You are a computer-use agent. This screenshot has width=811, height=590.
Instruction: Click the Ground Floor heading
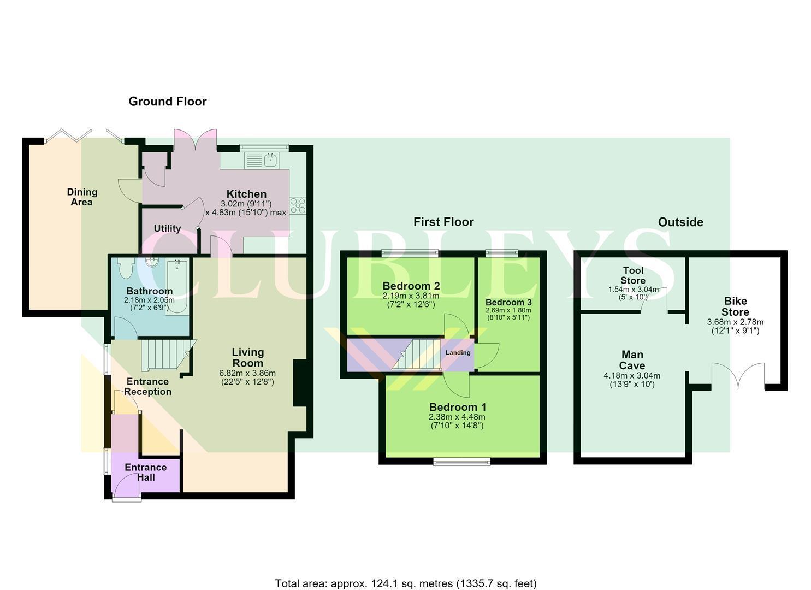click(168, 102)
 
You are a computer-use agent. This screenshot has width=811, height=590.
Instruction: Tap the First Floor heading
click(443, 222)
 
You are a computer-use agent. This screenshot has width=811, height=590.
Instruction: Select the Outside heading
click(680, 222)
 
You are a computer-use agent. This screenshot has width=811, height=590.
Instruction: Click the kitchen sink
click(262, 160)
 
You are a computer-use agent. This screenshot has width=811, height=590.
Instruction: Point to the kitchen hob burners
click(298, 205)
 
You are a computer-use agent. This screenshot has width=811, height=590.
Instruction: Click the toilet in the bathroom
click(126, 268)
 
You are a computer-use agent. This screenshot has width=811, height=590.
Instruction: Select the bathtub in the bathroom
click(177, 286)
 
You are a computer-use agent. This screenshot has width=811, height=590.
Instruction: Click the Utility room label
click(167, 228)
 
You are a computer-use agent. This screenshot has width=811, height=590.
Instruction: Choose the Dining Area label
click(82, 197)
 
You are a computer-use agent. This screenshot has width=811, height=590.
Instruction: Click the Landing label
click(458, 352)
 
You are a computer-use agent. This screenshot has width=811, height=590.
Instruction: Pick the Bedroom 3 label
click(508, 302)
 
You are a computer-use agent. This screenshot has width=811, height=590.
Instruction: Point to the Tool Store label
click(633, 275)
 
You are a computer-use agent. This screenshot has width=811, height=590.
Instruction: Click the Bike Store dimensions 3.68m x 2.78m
click(735, 322)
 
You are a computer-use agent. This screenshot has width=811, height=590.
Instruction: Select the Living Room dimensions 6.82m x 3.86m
click(247, 373)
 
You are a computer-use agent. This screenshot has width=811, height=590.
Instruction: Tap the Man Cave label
click(632, 359)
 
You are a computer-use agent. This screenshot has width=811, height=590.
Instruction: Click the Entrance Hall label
click(146, 473)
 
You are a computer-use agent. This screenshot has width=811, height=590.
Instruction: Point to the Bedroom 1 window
click(462, 461)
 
